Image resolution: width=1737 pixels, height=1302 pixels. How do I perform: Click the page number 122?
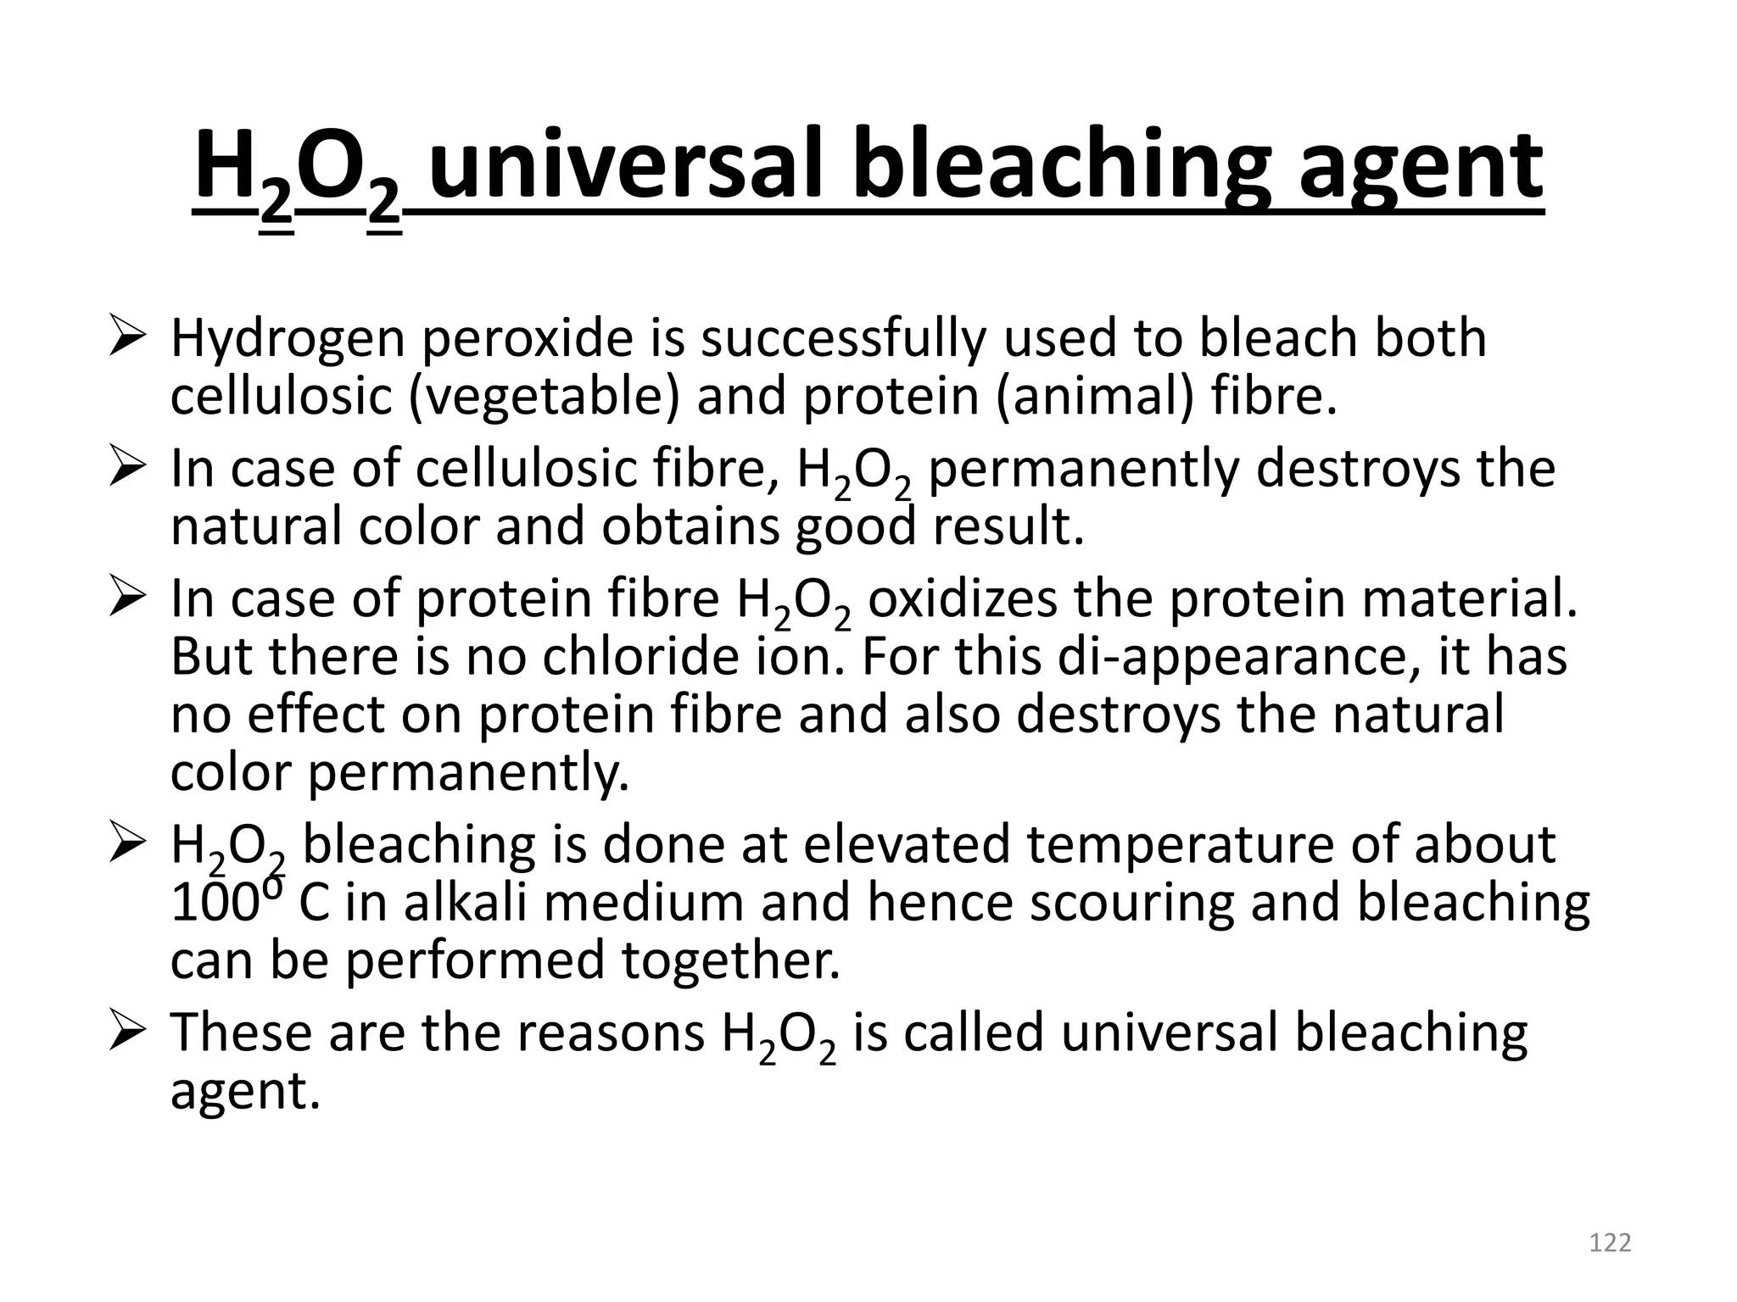pos(1610,1243)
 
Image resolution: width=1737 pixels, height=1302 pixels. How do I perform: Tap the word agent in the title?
pos(1420,166)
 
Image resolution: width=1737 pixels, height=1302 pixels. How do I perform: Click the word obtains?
pos(690,526)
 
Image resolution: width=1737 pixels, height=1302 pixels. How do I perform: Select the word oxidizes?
pos(963,599)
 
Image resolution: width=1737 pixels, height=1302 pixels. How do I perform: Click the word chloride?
pos(640,657)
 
